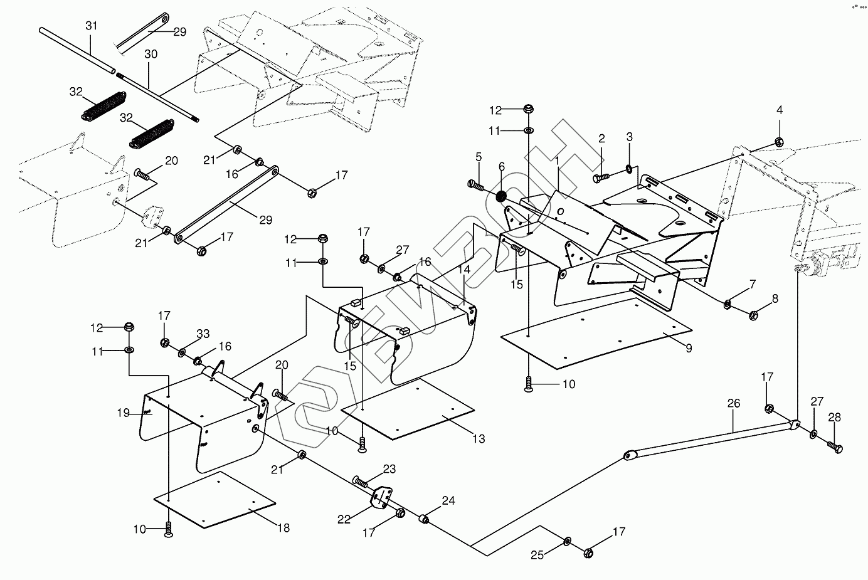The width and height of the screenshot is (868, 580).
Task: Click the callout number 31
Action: coord(92,26)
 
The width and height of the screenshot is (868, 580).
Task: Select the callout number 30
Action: coord(151,55)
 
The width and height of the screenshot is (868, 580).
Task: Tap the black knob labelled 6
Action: coord(502,197)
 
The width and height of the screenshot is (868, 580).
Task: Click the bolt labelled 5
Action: coord(477,186)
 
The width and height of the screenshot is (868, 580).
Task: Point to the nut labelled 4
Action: coord(778,141)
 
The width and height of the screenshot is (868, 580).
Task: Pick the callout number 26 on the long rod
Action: coord(734,404)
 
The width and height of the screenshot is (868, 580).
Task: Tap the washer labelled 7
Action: coord(727,304)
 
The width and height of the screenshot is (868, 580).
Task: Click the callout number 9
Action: coord(689,348)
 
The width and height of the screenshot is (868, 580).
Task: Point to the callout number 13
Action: coord(479,439)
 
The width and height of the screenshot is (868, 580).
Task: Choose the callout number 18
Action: coord(283,528)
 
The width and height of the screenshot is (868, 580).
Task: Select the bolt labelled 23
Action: coord(359,482)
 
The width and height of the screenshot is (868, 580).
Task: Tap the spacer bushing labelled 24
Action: coord(424,519)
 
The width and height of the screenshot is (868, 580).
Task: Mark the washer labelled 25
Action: coord(567,540)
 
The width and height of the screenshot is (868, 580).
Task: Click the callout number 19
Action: coord(123,413)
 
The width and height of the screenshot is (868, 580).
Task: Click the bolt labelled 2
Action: coord(598,178)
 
